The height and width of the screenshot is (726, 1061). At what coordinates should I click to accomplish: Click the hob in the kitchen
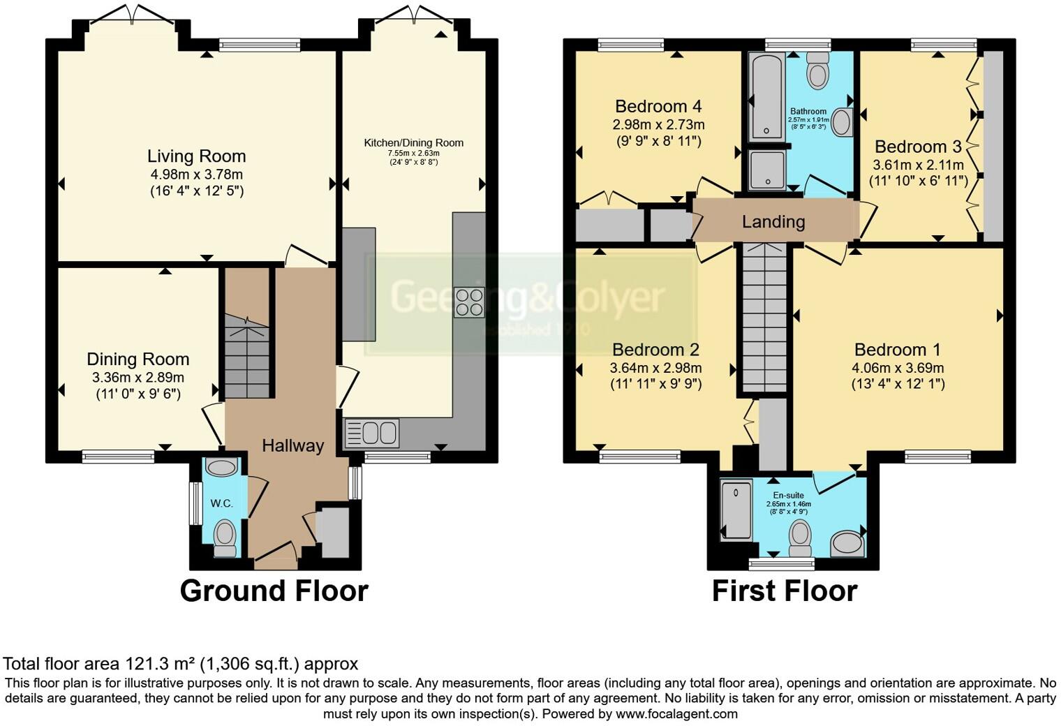(x=468, y=302)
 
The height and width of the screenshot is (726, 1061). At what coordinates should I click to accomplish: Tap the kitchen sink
(x=372, y=433)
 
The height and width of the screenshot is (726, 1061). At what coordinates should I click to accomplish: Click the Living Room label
(x=196, y=156)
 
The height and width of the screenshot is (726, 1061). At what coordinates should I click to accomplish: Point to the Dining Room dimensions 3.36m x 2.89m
(x=138, y=378)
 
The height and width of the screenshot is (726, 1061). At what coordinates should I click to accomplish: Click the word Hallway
(x=292, y=445)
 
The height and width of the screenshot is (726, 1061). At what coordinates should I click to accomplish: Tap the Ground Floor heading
(x=274, y=591)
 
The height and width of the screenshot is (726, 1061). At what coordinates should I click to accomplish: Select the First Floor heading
(x=784, y=591)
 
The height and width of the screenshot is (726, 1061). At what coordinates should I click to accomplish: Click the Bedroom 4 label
(x=658, y=107)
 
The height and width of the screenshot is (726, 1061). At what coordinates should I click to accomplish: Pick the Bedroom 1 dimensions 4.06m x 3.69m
(x=897, y=368)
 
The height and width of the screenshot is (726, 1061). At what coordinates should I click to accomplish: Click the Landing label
(x=773, y=222)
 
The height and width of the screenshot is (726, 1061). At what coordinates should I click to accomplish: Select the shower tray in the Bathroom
(x=766, y=170)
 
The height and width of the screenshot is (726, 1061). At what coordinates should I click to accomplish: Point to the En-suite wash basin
(x=847, y=543)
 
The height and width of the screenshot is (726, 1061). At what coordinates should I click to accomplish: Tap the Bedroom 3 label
(x=917, y=147)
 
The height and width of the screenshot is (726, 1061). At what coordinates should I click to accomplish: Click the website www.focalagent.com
(x=676, y=713)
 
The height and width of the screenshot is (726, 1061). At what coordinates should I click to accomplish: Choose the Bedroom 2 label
(x=655, y=350)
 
